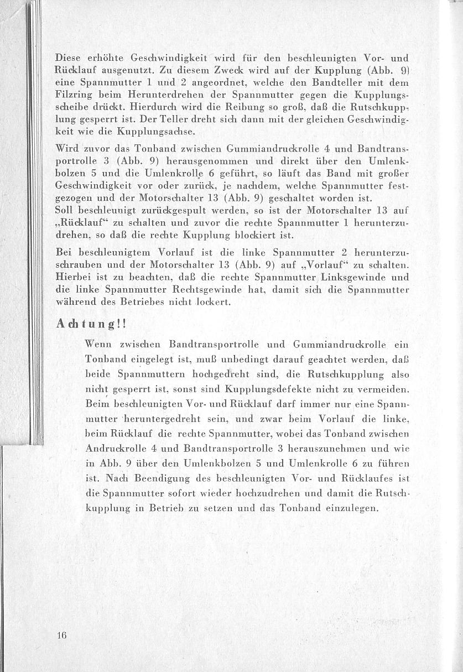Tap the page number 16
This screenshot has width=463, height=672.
point(61,635)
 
